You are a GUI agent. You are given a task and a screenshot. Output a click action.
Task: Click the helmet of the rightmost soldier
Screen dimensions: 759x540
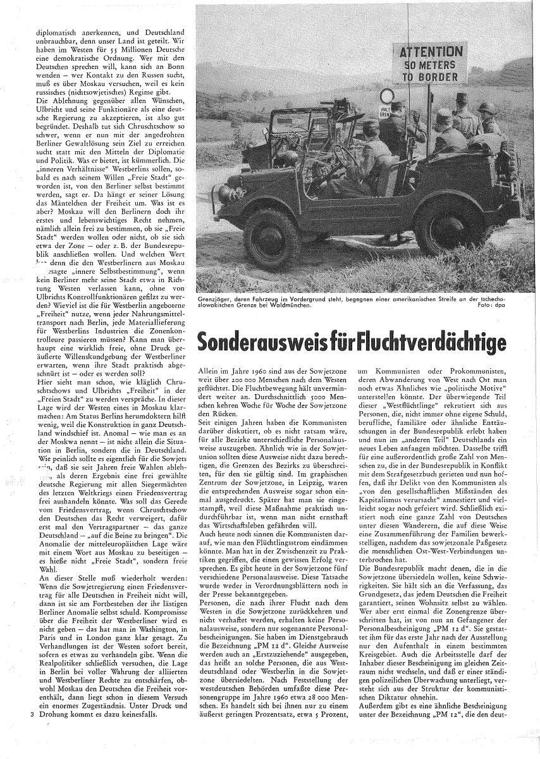[486, 108]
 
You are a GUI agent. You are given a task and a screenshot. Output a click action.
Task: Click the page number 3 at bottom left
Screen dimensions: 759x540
[31, 715]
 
